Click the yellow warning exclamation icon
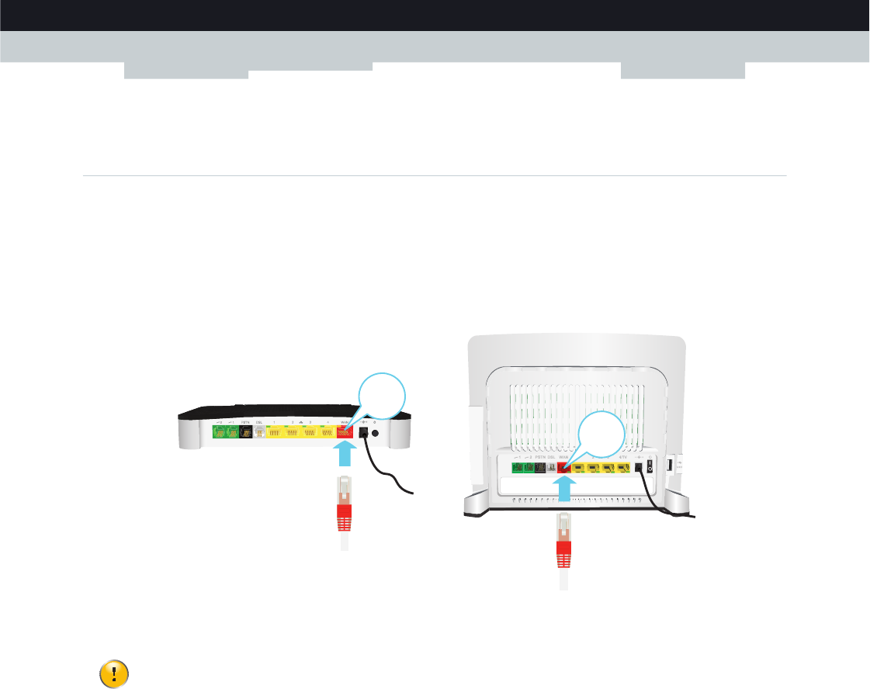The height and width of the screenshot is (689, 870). [x=114, y=673]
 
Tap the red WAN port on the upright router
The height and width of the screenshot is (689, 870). [x=564, y=468]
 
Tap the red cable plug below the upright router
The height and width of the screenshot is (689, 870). [x=565, y=554]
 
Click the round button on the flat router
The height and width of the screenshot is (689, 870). [x=376, y=434]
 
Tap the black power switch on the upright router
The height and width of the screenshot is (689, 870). [x=650, y=469]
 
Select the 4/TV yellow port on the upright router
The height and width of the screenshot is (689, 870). [x=622, y=468]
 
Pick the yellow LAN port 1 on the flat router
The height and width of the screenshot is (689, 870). [x=275, y=432]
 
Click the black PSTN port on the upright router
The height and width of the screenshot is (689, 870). [x=540, y=468]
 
